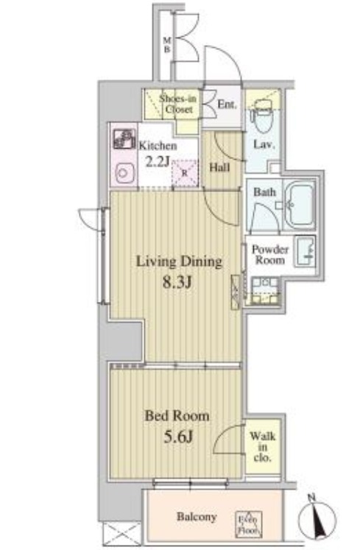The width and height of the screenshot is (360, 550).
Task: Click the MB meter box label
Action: pos(167,45)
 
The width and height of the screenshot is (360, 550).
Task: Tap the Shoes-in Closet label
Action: pos(178,104)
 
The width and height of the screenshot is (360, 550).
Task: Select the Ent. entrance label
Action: pos(227,104)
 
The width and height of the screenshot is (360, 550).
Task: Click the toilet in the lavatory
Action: pos(262,116)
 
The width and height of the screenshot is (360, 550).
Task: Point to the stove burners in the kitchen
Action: pos(124,139)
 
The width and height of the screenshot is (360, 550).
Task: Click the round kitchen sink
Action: pos(124,173)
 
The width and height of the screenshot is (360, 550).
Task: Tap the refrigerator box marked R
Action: pos(185,172)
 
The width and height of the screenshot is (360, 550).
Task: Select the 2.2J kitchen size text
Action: pos(158,162)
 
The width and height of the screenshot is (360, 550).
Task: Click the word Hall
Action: pos(219,167)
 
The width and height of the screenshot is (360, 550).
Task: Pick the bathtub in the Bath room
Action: pos(298,205)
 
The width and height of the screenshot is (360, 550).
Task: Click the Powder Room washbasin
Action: pos(306,251)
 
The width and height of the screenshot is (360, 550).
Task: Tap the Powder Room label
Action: pos(270,255)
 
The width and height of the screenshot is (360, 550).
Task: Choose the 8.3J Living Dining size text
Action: pos(177,282)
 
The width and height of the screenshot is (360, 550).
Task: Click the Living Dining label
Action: pos(179,261)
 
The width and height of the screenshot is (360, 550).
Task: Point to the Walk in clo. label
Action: pos(263,447)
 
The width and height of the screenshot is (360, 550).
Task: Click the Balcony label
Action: pos(197,517)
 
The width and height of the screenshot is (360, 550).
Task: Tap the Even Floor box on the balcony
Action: pos(248,524)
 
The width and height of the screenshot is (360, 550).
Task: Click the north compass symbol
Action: pos(317,518)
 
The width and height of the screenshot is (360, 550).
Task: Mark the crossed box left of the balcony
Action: pos(121,534)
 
